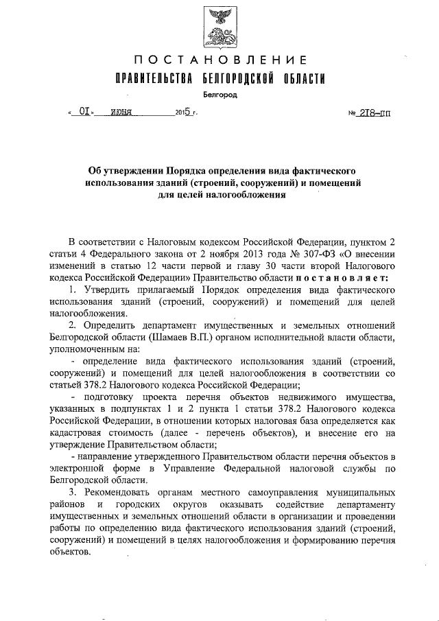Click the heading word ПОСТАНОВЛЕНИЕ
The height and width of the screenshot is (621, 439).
(219, 61)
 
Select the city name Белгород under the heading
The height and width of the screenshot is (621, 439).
(219, 95)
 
